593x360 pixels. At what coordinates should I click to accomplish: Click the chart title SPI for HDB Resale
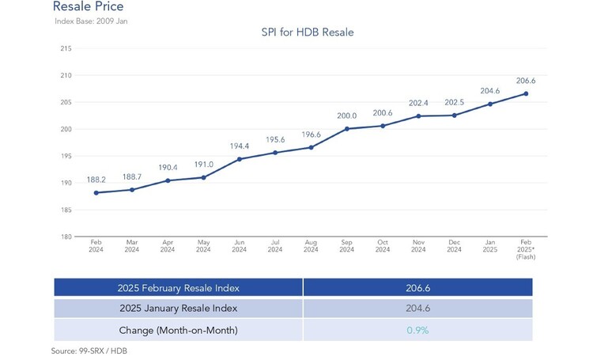tap(308, 32)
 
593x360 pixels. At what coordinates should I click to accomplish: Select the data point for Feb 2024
tap(96, 193)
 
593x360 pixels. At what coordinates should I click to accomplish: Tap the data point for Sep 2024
tap(347, 129)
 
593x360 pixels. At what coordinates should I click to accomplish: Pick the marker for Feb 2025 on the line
tap(526, 93)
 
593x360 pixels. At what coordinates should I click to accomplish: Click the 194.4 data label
tap(240, 146)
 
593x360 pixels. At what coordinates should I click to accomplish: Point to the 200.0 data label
tap(347, 116)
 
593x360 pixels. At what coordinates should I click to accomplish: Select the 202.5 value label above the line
tap(454, 103)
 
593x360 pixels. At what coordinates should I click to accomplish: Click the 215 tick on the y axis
tap(66, 48)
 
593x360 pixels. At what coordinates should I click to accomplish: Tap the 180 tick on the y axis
tap(66, 237)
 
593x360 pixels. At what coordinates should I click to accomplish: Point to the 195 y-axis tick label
tap(66, 156)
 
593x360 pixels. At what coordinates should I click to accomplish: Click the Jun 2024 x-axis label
tap(240, 246)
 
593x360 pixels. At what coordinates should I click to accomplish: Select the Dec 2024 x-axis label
tap(454, 246)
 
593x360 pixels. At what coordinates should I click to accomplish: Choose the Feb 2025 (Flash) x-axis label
tap(526, 249)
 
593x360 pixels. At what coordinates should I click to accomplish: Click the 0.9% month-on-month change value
tap(417, 331)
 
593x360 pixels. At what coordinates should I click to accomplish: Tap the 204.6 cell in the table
tap(418, 308)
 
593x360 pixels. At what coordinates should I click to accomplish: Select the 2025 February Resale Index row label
tap(178, 288)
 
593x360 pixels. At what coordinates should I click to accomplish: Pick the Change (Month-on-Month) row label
tap(178, 331)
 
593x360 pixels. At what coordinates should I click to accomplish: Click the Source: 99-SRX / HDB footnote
tap(89, 351)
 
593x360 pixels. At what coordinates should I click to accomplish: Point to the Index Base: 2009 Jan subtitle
tap(91, 21)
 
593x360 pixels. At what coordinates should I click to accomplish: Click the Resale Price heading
tap(88, 6)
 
